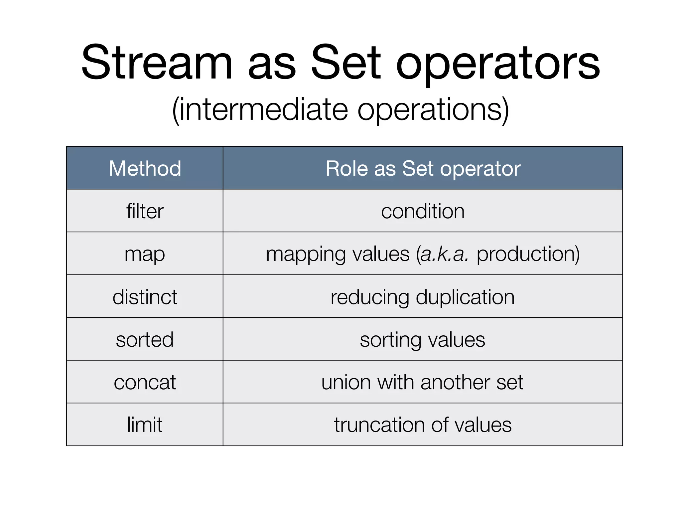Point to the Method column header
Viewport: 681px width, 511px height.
click(145, 168)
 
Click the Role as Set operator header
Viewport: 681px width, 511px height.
click(423, 168)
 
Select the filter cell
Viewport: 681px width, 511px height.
click(145, 211)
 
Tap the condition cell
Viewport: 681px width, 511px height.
click(423, 211)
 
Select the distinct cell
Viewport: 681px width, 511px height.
click(145, 297)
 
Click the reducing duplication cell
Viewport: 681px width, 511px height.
click(423, 297)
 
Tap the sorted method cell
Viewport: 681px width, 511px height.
click(145, 340)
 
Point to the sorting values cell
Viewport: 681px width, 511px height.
click(423, 340)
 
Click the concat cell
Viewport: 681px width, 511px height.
click(145, 382)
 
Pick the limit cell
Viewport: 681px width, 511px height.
click(145, 425)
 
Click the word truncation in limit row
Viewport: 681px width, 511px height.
click(379, 425)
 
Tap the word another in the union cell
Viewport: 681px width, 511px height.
click(455, 382)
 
